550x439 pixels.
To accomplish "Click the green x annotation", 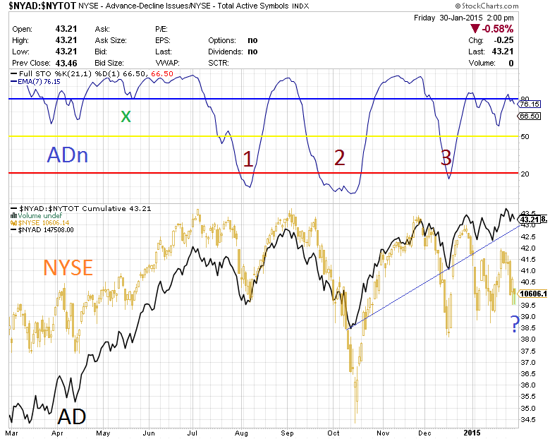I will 126,116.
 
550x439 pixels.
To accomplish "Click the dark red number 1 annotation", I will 248,158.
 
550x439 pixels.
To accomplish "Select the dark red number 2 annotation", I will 339,158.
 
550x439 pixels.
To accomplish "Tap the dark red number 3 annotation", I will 446,158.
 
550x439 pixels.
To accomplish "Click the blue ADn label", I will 68,155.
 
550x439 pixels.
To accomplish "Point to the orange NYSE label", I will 68,267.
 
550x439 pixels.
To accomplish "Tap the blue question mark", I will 515,324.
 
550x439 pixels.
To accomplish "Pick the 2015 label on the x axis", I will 473,431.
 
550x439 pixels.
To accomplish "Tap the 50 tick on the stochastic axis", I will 525,136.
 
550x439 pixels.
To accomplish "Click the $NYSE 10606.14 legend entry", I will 41,223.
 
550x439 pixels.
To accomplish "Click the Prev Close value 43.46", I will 66,63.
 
